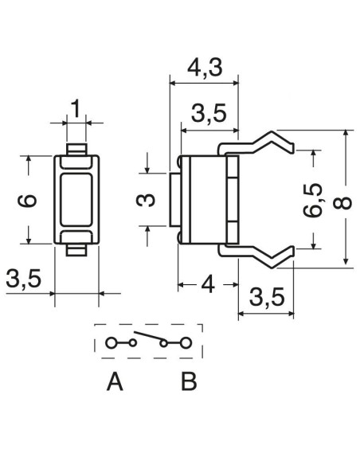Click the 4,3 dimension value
point(205,68)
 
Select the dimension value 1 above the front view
point(76,108)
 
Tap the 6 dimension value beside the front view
point(27,201)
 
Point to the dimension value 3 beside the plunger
point(146,200)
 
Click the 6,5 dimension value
point(314,200)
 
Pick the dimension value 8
point(342,203)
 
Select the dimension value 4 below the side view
point(208,285)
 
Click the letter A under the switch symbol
point(115,382)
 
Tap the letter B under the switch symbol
point(189,382)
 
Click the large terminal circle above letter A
point(111,343)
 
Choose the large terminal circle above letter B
point(186,343)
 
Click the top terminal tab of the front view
point(76,150)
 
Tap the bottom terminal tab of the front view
point(76,250)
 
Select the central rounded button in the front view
point(76,200)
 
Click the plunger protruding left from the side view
point(174,200)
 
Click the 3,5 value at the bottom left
point(23,279)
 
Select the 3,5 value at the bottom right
point(267,297)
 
